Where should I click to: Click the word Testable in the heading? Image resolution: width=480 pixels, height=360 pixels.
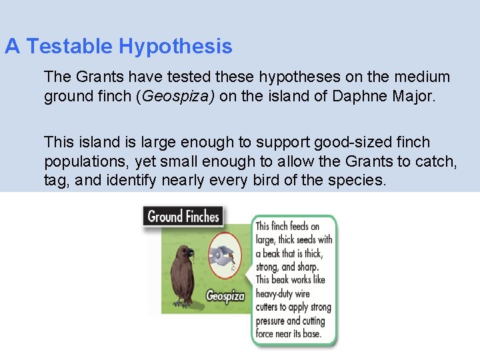[71, 47]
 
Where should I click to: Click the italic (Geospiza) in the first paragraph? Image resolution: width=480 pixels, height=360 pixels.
[175, 97]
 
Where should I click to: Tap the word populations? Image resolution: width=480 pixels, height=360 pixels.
[85, 161]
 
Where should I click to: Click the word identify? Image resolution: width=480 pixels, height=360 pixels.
[144, 179]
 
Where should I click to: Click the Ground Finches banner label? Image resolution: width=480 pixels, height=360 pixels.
[183, 216]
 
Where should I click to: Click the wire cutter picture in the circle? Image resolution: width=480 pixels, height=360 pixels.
[224, 257]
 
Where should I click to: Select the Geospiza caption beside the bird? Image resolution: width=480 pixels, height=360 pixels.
[225, 296]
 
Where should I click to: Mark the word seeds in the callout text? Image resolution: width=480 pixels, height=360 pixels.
[305, 240]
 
